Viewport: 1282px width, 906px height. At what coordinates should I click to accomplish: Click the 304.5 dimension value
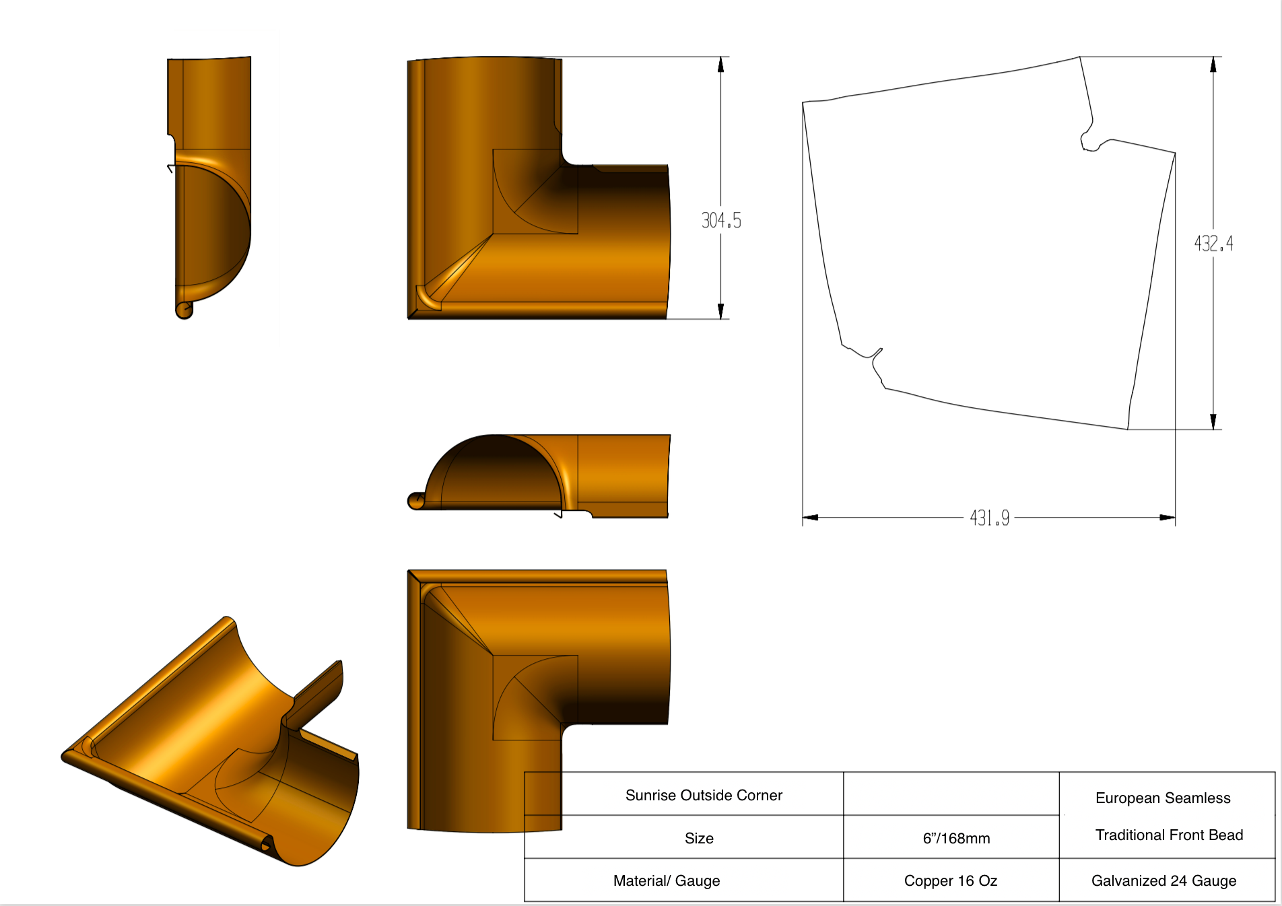pos(721,221)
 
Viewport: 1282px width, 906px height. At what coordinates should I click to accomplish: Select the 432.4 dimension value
pos(1213,244)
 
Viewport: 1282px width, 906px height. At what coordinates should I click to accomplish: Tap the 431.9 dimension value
pos(989,518)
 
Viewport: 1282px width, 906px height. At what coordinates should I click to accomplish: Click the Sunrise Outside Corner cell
pos(704,795)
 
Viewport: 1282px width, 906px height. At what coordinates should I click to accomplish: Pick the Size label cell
pos(699,838)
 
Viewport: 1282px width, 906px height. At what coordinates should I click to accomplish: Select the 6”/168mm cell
pos(956,838)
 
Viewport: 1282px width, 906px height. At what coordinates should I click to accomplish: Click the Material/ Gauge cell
pos(667,880)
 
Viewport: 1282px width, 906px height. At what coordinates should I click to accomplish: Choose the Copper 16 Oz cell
pos(950,880)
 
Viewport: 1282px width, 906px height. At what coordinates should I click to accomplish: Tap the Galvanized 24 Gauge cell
pos(1163,880)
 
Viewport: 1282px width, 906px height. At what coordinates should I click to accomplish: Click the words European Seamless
pos(1163,798)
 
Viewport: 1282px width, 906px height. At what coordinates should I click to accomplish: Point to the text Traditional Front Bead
pos(1169,835)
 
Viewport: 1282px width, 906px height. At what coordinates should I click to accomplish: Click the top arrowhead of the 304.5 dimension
pos(720,65)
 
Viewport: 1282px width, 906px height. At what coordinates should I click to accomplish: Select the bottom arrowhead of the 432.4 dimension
pos(1213,421)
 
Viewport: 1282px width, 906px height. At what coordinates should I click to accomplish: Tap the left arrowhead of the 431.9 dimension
pos(811,518)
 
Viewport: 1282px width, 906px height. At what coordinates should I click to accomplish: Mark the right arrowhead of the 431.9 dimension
pos(1167,518)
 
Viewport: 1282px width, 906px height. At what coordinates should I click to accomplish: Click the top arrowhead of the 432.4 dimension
pos(1213,65)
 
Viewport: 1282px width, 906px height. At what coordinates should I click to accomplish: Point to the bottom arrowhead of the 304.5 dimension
pos(720,311)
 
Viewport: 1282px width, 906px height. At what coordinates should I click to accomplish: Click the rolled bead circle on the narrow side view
pos(184,310)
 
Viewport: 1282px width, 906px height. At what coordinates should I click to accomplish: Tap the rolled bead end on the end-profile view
pos(416,501)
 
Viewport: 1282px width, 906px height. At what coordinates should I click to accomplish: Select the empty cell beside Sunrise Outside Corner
pos(951,794)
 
